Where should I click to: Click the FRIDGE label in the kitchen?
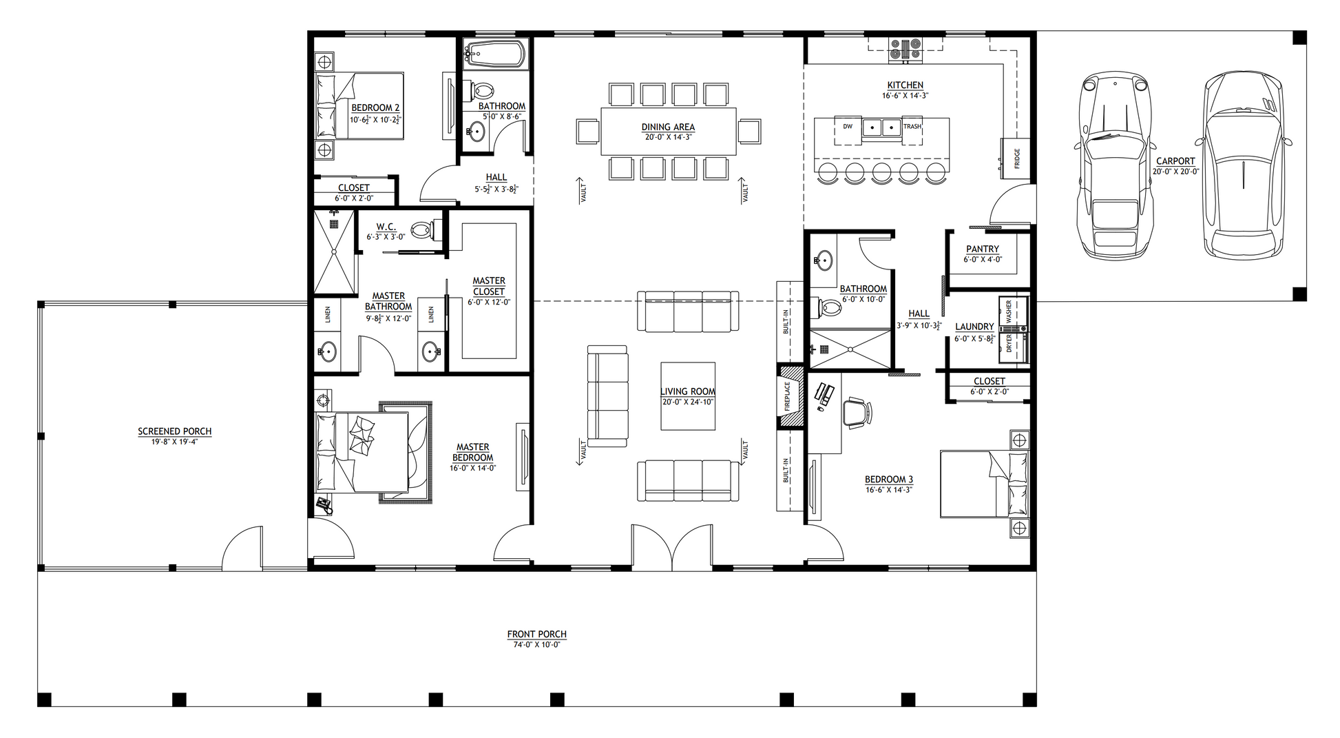[1017, 158]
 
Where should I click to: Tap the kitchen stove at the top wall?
[905, 48]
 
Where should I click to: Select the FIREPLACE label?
[788, 396]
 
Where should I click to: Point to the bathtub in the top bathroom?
[495, 54]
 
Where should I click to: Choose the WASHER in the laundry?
[1013, 311]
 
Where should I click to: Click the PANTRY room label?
[983, 249]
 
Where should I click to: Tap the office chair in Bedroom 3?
[857, 412]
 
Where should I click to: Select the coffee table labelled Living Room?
[688, 396]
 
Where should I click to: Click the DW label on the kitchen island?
[848, 127]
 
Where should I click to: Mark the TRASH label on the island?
[912, 127]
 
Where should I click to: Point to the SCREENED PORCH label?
[175, 431]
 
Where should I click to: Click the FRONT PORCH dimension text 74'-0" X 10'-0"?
[537, 645]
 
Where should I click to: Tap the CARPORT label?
[1175, 161]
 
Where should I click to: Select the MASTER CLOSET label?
[489, 286]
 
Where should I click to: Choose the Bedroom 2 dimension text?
[376, 119]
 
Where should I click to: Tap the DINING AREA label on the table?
[668, 127]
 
